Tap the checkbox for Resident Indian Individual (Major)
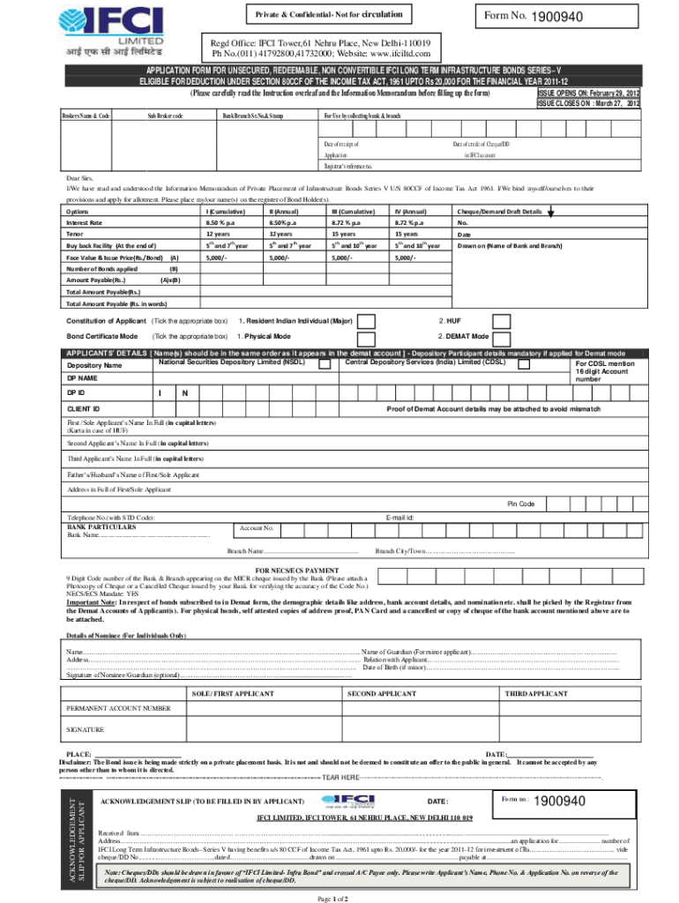[368, 321]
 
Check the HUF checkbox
[500, 321]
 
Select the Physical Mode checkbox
[368, 338]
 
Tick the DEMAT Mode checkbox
[500, 338]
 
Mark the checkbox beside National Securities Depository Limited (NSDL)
[325, 363]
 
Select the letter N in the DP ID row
[184, 393]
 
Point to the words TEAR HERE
[340, 777]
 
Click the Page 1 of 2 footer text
[332, 897]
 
